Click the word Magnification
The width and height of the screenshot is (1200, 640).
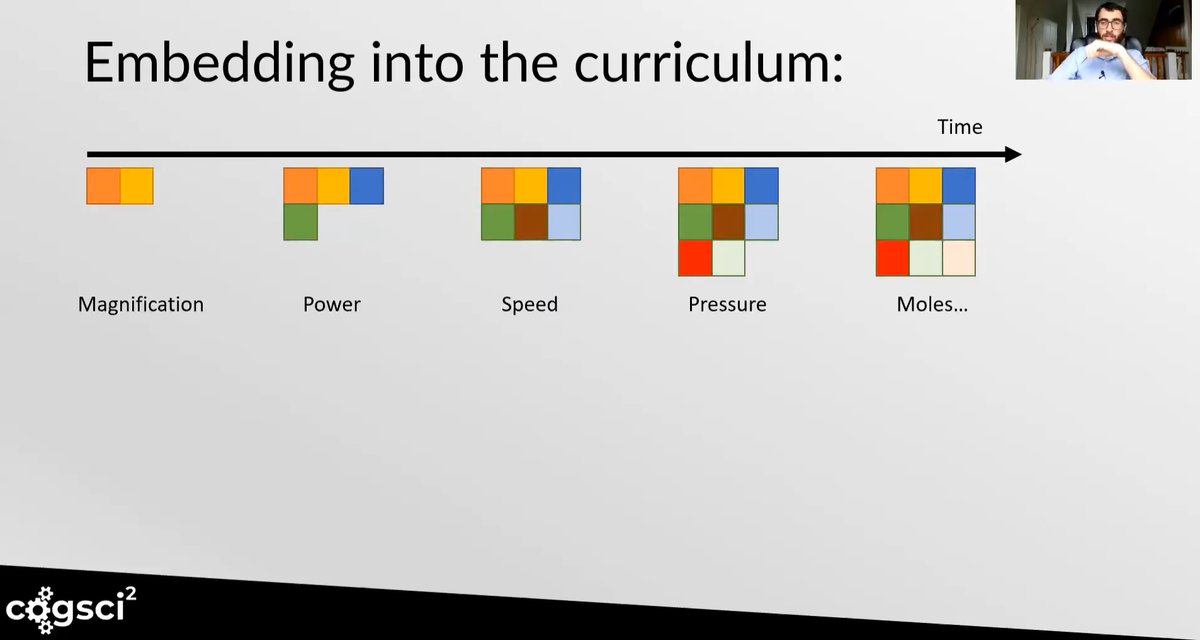141,304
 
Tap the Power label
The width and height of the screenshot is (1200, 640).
332,304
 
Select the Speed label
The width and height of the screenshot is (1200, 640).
530,304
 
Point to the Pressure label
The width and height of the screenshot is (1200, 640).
727,304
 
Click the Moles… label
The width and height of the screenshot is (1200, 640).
932,304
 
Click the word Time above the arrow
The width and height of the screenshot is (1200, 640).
960,127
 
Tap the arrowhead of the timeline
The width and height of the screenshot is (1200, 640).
1012,154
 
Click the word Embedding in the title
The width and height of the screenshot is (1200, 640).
219,62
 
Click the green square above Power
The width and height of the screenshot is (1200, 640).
300,222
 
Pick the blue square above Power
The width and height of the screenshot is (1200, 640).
367,186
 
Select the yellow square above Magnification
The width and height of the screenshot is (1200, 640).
137,186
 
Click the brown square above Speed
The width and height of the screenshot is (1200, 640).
531,222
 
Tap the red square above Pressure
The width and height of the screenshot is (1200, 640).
695,258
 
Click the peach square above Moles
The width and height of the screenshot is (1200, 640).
959,258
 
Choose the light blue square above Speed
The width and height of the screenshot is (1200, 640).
564,222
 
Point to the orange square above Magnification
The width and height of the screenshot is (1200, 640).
103,186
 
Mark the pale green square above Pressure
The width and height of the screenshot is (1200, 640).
728,258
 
